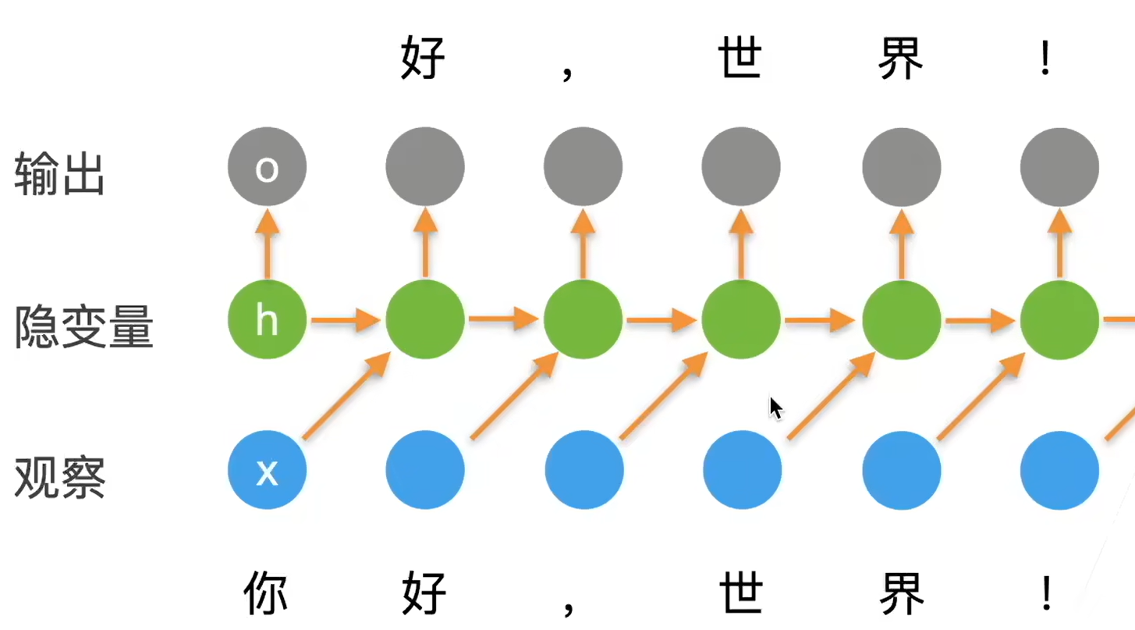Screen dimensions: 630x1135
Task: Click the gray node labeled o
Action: (x=267, y=167)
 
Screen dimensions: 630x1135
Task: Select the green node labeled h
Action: (x=267, y=319)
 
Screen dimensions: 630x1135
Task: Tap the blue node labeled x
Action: (x=267, y=471)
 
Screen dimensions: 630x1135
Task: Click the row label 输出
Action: (x=59, y=174)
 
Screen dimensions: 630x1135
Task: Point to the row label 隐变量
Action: (x=83, y=326)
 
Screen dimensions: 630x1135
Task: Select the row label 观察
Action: (x=59, y=478)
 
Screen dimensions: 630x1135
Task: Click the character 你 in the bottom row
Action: (x=265, y=593)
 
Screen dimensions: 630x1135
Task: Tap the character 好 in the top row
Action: (x=423, y=59)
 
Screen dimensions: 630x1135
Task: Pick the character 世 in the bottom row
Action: (x=740, y=593)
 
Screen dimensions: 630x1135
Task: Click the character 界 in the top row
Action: (x=900, y=59)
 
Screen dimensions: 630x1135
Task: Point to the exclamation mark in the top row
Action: (x=1045, y=59)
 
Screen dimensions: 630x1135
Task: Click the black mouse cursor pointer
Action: (x=775, y=408)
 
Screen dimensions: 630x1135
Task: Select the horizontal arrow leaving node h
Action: (x=345, y=319)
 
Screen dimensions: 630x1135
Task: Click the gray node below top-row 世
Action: (x=740, y=167)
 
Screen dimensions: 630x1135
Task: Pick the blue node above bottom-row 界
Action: (x=901, y=471)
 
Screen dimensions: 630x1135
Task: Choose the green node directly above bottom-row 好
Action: (x=425, y=319)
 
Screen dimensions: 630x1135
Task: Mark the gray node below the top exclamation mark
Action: (x=1059, y=167)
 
